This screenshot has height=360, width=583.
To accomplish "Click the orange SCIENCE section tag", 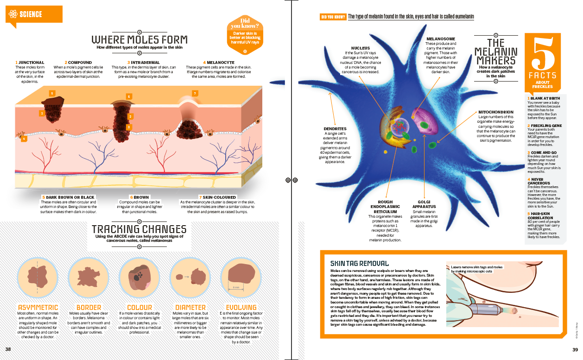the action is (34, 14).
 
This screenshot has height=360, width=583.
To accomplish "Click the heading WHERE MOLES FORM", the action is (139, 40).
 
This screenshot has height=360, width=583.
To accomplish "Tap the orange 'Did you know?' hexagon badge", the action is (245, 35).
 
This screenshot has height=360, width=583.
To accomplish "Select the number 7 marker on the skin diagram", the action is (195, 94).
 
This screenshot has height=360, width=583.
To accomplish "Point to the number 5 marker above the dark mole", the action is (52, 94).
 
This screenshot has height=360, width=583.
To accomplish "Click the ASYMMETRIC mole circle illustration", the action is (38, 277).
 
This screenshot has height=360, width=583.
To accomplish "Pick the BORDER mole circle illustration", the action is (89, 277).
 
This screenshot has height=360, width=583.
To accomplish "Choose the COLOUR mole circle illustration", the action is (139, 277).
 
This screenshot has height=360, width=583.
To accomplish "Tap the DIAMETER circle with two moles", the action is (190, 277).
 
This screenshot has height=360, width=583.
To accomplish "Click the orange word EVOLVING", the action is (241, 308).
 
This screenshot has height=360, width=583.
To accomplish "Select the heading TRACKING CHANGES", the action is (139, 229).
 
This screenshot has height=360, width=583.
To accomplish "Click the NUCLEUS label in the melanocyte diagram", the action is (361, 48).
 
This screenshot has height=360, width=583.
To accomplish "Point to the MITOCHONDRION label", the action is (496, 112).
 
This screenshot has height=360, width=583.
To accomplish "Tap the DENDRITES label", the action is (335, 129).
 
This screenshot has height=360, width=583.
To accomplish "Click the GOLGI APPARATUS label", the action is (424, 204).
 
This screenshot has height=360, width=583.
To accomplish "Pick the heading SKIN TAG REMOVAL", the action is (360, 264).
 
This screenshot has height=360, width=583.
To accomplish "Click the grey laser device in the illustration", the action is (485, 309).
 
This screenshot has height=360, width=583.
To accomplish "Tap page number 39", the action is (575, 350).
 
